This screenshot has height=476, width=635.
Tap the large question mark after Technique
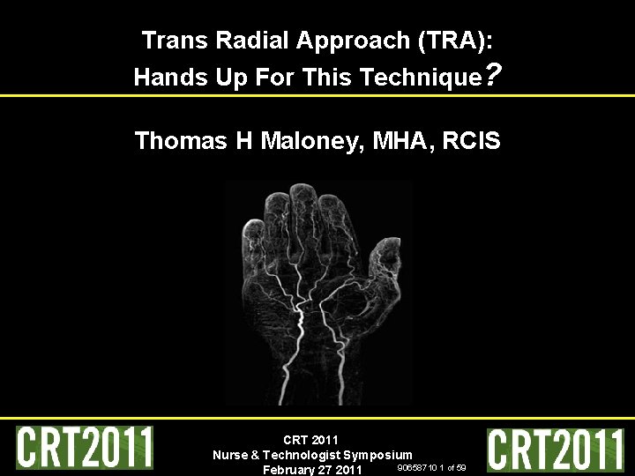(x=494, y=75)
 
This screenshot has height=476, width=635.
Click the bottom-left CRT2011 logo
(x=85, y=448)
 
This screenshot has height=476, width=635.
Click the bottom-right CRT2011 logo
(x=557, y=450)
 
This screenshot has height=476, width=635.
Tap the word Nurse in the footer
(x=230, y=455)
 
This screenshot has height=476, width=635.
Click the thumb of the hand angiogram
(x=386, y=260)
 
